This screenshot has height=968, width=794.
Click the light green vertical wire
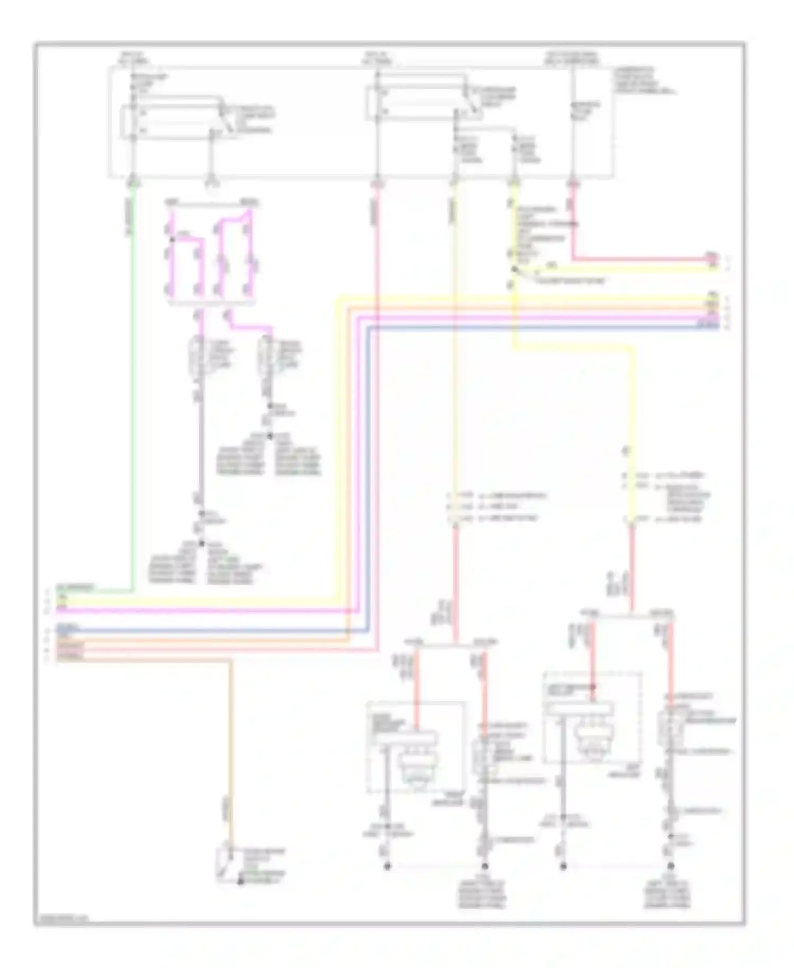(x=133, y=387)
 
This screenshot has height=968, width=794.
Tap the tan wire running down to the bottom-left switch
(x=231, y=741)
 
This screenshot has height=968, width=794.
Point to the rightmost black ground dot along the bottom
(x=671, y=866)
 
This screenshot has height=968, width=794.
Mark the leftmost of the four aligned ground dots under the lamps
(x=387, y=866)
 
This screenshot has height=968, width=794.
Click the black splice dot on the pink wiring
(x=172, y=239)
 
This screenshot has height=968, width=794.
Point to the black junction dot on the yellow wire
(x=513, y=270)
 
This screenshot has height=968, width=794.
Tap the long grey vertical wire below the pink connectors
(x=200, y=450)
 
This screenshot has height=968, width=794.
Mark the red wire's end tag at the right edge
(x=713, y=258)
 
